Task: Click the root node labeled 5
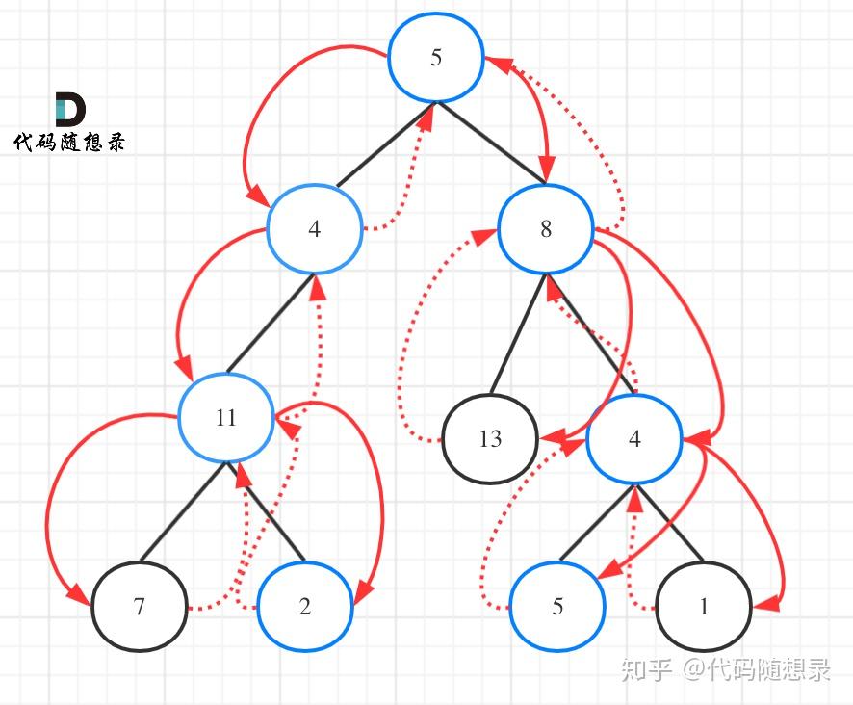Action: [x=436, y=57]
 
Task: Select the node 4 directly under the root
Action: [x=314, y=228]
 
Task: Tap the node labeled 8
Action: [x=546, y=228]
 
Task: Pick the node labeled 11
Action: [x=225, y=418]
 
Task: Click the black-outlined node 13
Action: [x=490, y=439]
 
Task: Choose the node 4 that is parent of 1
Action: [x=634, y=439]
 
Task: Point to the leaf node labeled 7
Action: [x=140, y=606]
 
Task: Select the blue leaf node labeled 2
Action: [x=304, y=606]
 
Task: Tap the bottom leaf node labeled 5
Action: [x=557, y=606]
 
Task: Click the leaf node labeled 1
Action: [x=704, y=606]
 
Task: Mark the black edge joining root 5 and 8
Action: [x=491, y=143]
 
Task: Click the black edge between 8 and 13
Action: [x=518, y=333]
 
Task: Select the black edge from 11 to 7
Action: [x=183, y=511]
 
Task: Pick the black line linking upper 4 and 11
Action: [x=270, y=324]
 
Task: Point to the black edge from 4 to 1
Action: [x=669, y=523]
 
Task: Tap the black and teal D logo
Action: [x=70, y=109]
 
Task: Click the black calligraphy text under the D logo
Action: [x=69, y=143]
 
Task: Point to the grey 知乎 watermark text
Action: [x=647, y=669]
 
